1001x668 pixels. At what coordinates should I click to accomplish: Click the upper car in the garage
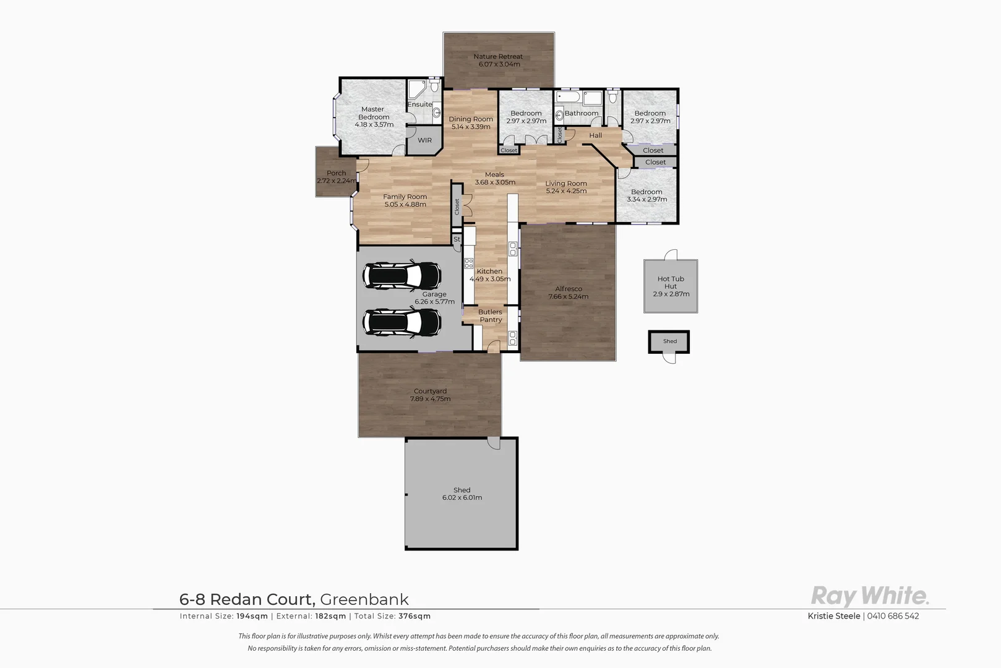coord(402,275)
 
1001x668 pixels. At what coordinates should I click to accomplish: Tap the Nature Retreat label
coord(498,56)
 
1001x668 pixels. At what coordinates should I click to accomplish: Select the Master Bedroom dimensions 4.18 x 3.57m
coord(374,125)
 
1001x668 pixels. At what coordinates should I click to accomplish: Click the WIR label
coord(424,140)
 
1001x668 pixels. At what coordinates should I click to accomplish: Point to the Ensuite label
coord(419,105)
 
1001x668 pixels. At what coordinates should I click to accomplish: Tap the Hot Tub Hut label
coord(671,283)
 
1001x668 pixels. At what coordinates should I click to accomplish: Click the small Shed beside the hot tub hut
coord(669,341)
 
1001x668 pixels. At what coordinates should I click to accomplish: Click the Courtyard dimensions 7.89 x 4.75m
coord(430,399)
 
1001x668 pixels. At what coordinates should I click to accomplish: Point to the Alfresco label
coord(568,289)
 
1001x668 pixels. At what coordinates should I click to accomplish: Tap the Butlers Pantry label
coord(490,316)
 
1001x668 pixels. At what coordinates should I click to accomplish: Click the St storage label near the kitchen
coord(457,239)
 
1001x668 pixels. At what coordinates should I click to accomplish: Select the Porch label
coord(336,173)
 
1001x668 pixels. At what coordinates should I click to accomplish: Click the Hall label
coord(595,135)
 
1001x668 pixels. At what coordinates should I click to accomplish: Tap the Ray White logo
coord(869,596)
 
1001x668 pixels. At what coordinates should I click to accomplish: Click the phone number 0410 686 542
coord(893,616)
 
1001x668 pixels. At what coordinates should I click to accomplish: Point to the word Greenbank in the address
coord(364,599)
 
